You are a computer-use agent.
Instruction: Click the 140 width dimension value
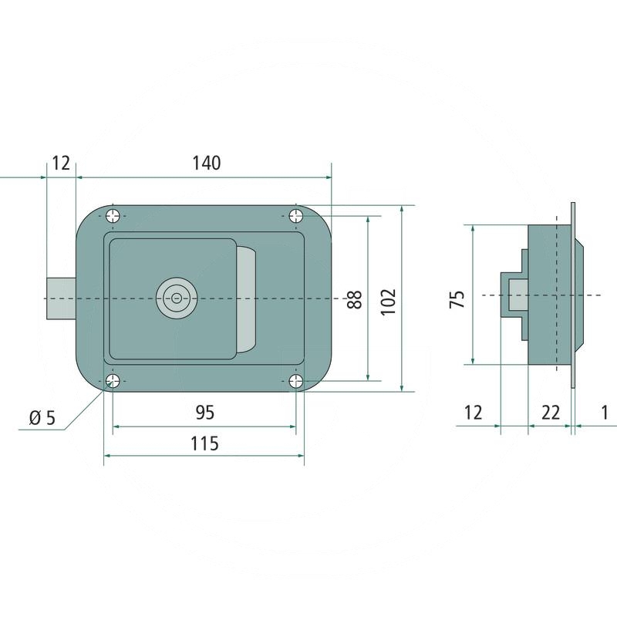207,163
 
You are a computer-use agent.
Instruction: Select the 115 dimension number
204,443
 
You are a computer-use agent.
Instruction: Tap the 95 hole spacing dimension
204,413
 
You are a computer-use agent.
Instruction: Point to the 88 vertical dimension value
354,298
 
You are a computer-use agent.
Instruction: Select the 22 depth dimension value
550,413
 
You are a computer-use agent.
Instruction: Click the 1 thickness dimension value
604,413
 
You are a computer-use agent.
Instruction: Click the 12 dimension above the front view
61,163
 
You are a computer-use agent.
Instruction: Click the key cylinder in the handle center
177,298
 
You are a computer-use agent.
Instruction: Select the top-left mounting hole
113,216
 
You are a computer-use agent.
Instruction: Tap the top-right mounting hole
297,216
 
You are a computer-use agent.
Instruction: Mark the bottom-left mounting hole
113,381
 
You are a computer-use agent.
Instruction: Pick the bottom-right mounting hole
297,381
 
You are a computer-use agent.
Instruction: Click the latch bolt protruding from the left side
61,298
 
